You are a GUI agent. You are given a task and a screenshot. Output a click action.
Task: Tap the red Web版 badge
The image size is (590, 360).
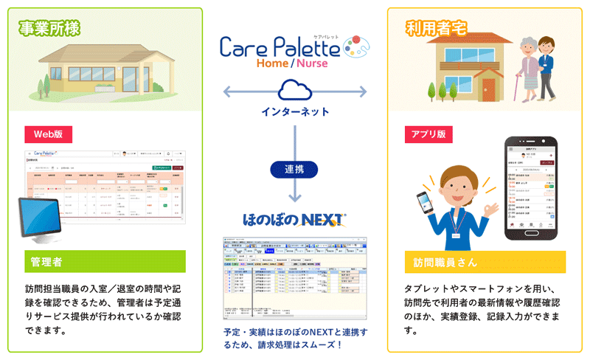pyautogui.click(x=48, y=134)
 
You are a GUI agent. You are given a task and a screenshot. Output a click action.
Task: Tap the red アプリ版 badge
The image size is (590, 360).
pyautogui.click(x=428, y=134)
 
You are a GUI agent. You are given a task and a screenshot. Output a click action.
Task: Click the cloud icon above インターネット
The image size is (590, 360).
pyautogui.click(x=295, y=91)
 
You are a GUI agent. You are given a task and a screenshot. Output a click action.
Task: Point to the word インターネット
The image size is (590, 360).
pyautogui.click(x=295, y=112)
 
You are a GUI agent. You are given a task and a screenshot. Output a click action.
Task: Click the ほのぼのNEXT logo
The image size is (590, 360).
pyautogui.click(x=295, y=219)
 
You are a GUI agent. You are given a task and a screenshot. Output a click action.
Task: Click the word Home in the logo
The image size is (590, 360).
pyautogui.click(x=272, y=63)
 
